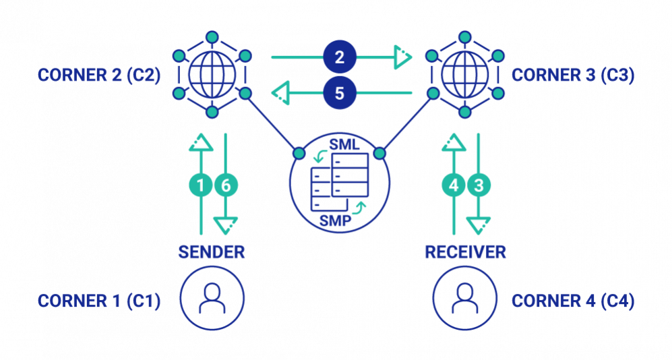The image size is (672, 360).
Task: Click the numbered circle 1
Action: pos(200,184)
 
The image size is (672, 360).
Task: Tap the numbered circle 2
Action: pos(340,57)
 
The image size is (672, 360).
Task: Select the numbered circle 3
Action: pos(479,184)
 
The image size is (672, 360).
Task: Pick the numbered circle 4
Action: pos(454,184)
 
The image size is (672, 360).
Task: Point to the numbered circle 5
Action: pos(340,92)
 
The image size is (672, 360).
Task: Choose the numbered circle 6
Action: pos(225,184)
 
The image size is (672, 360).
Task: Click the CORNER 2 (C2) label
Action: pos(98,74)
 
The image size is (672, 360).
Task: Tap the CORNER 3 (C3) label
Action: pos(573,74)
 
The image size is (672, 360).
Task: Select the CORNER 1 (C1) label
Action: pos(98,301)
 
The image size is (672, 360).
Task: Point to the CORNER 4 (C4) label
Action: pos(573,301)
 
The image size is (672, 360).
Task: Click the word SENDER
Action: pos(211,252)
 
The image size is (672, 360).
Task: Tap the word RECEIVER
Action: pos(465,252)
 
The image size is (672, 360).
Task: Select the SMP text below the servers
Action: pos(335,220)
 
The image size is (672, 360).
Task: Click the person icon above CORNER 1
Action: pos(212,299)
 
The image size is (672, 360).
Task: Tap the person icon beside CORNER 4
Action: pos(464,299)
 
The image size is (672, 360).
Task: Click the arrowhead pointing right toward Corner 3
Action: pos(402,57)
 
